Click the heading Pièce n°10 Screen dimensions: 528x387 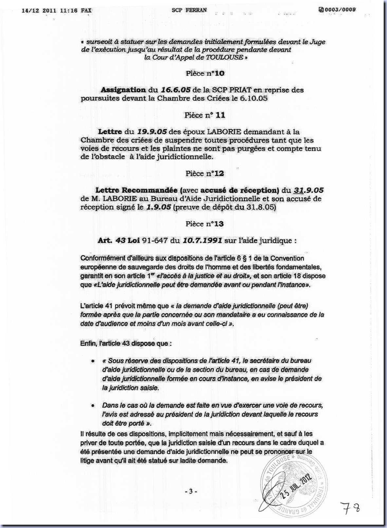(x=205, y=73)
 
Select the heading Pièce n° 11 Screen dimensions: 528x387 (x=205, y=115)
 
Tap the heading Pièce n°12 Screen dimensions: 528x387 (x=205, y=173)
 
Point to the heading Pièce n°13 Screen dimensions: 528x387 (x=205, y=224)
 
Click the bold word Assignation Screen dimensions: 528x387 (x=123, y=90)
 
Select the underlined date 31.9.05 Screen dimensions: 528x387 (x=308, y=190)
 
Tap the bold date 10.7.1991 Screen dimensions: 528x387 (x=202, y=240)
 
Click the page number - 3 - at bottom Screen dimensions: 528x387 (x=191, y=492)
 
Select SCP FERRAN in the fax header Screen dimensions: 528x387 (x=189, y=10)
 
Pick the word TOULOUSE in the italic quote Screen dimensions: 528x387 (x=225, y=57)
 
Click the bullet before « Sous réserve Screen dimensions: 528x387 (x=94, y=361)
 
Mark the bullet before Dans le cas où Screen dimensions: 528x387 (x=94, y=405)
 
